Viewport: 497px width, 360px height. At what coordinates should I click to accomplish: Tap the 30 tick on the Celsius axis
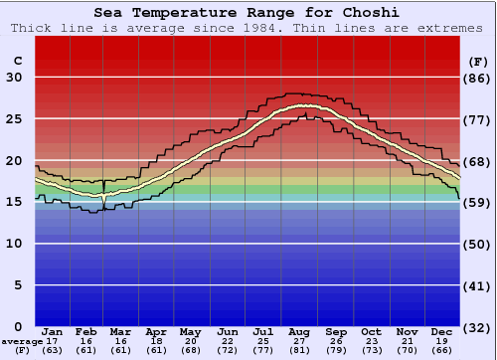coord(15,78)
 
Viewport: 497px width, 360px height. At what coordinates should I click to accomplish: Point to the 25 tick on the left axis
coord(15,119)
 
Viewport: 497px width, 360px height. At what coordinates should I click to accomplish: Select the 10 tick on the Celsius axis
coord(15,244)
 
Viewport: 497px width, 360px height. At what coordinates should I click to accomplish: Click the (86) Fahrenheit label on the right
coord(478,78)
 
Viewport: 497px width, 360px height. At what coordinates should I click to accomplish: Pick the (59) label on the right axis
coord(478,203)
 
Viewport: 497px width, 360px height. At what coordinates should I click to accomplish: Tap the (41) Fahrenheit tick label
coord(478,285)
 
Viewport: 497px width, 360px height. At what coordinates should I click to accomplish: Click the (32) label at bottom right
coord(478,327)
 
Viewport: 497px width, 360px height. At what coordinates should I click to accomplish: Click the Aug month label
coord(298,331)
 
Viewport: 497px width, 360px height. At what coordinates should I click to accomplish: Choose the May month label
coord(191,331)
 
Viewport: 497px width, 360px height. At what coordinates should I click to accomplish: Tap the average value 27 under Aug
coord(298,341)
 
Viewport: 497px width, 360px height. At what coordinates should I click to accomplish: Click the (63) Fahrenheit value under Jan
coord(52,350)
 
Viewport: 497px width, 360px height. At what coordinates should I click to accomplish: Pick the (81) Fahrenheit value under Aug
coord(298,350)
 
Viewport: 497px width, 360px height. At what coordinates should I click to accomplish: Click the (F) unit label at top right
coord(478,60)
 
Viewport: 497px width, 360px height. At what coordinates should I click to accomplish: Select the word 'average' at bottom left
coord(22,341)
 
